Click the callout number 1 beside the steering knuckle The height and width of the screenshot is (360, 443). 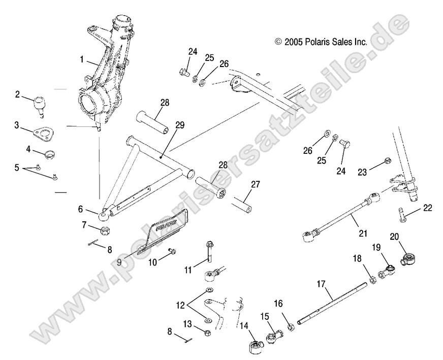pos(82,59)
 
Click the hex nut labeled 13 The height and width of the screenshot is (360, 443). pos(208,333)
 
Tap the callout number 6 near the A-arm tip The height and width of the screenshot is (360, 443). pos(80,209)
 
